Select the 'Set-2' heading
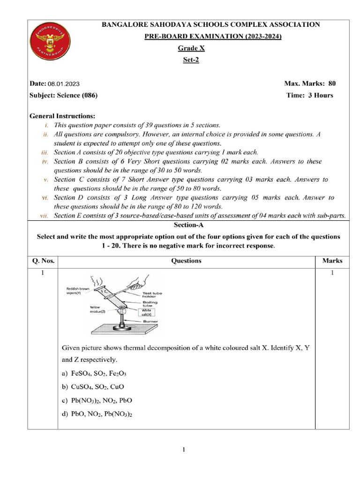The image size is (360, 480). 191,60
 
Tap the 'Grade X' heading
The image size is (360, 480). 191,48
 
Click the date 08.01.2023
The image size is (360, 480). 63,84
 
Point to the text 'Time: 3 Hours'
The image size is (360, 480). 309,95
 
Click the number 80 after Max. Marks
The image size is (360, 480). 332,84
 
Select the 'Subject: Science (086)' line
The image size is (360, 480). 63,95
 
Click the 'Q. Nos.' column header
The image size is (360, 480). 43,261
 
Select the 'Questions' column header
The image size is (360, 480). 186,261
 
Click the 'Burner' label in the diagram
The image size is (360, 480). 151,322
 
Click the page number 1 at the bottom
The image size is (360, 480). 184,450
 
